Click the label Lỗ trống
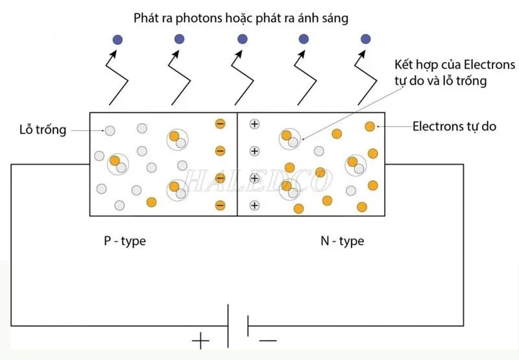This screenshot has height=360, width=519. (43, 130)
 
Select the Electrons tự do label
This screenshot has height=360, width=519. (454, 126)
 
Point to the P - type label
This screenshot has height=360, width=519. (125, 241)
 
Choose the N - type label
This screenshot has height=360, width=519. (342, 241)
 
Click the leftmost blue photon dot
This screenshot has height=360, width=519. (117, 40)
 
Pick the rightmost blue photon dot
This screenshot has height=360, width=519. (365, 40)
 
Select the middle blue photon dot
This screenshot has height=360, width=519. (242, 40)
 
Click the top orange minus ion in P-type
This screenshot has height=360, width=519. (220, 124)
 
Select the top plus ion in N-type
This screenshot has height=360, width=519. (254, 124)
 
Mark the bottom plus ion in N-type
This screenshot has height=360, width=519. (254, 206)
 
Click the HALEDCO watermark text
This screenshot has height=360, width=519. (259, 178)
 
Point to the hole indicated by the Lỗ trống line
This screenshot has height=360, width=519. (110, 130)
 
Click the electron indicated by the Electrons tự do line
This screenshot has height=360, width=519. (370, 126)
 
